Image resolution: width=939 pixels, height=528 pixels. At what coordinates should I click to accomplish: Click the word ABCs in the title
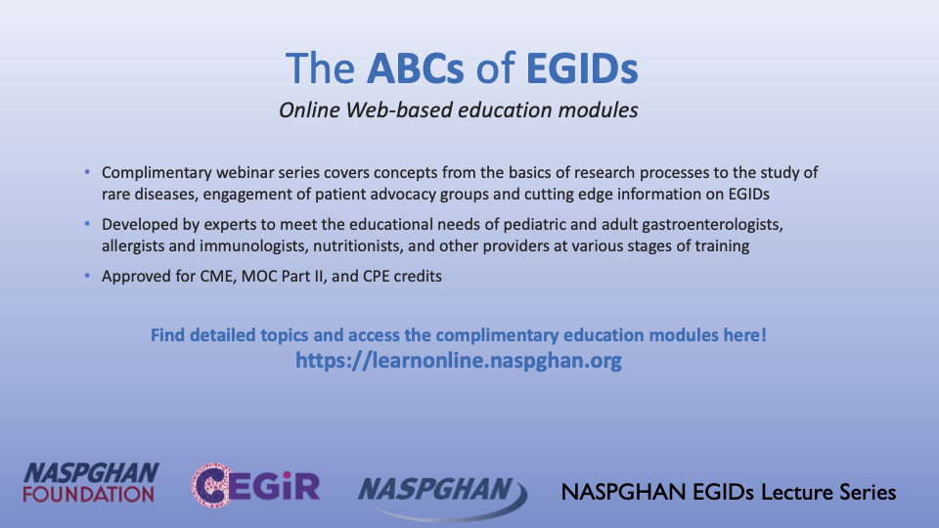pos(415,68)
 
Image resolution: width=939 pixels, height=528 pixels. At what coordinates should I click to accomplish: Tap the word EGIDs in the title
pos(582,68)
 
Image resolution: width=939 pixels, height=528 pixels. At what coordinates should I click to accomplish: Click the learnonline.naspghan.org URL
pos(459,361)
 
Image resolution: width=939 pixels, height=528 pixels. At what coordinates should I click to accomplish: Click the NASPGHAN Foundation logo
pos(91,482)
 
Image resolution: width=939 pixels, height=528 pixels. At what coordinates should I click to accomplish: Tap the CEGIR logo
pos(255,485)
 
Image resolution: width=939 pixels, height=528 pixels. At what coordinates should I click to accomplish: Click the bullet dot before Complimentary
pos(87,172)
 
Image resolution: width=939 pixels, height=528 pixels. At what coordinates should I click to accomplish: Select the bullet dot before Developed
pos(87,224)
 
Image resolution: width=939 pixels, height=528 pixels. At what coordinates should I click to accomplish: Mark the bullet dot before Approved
pos(87,276)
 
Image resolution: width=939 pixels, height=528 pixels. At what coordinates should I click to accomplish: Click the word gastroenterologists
pos(713,225)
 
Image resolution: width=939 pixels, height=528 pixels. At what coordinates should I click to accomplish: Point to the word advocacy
pos(403,195)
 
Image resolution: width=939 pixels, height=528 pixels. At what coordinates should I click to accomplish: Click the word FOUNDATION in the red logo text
pos(89,495)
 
